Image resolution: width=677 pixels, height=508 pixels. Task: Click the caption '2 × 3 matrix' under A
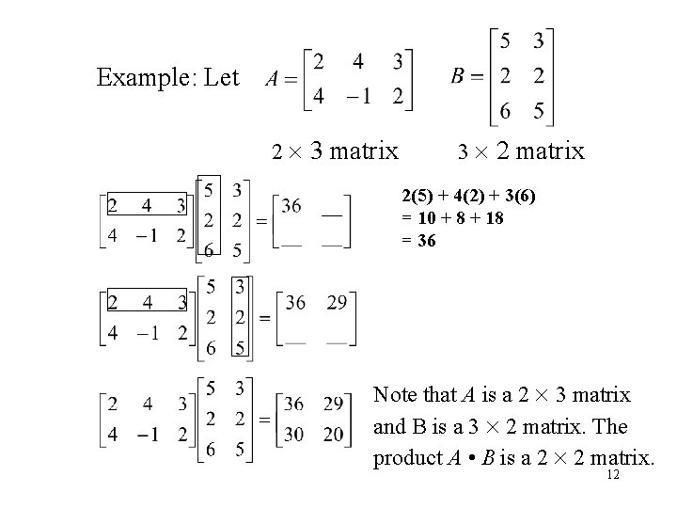click(x=335, y=151)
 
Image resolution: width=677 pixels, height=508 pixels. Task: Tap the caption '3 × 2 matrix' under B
click(x=520, y=151)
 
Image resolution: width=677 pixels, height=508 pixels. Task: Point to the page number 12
click(x=613, y=477)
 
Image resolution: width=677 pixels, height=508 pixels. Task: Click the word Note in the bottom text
click(x=394, y=394)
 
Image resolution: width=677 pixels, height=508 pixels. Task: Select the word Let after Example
click(x=221, y=77)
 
